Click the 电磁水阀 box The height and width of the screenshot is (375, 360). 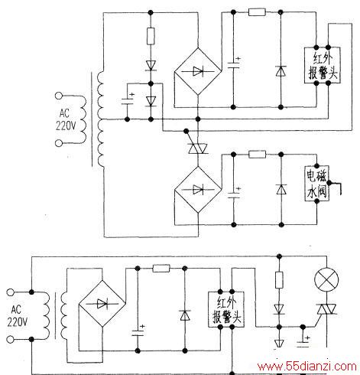click(x=316, y=184)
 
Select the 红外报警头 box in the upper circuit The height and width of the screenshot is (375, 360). click(x=323, y=65)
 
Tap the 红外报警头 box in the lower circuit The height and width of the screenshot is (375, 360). click(x=226, y=309)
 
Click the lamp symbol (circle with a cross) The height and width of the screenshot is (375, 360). click(x=326, y=279)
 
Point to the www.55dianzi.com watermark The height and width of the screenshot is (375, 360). click(x=306, y=367)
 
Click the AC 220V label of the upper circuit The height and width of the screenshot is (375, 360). click(x=66, y=119)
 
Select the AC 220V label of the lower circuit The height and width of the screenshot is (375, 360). click(x=17, y=316)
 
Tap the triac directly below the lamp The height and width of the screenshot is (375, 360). click(x=326, y=309)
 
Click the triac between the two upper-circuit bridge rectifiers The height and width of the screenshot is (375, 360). click(x=198, y=148)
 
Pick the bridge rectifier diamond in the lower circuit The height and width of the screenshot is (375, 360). click(x=102, y=304)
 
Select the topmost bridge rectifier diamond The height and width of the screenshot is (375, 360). click(x=198, y=71)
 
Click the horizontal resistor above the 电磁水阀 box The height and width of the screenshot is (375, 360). click(x=258, y=154)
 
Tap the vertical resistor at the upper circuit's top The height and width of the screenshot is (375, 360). click(x=151, y=36)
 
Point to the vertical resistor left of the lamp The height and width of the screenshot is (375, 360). click(x=279, y=280)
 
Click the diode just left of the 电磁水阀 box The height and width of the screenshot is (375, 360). click(x=281, y=190)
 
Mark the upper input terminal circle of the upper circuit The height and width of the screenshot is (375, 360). click(x=59, y=96)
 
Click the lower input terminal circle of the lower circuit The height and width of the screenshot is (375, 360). click(x=10, y=340)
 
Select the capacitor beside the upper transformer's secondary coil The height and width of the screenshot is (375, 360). click(x=128, y=101)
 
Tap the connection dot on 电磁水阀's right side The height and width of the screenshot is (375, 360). click(x=329, y=183)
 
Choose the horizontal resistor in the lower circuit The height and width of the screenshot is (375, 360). click(x=161, y=268)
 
